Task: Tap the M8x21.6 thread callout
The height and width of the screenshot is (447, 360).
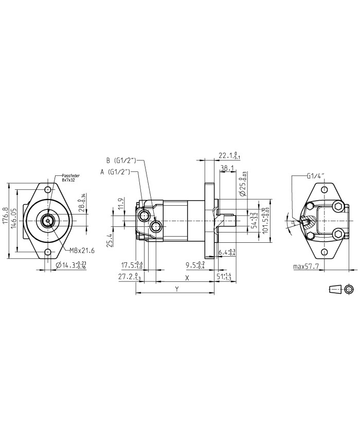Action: click(x=82, y=251)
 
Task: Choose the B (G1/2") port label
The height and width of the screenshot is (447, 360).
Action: click(x=120, y=159)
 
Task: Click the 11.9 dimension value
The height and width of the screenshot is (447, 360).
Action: click(x=120, y=204)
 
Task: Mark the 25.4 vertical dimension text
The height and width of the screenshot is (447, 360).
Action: click(x=110, y=240)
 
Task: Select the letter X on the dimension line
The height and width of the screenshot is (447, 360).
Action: click(x=187, y=278)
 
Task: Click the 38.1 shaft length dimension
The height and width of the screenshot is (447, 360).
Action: click(x=227, y=168)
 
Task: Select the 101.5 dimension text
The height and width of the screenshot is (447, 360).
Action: click(x=265, y=221)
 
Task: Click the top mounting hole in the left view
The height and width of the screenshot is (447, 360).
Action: click(x=48, y=190)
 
